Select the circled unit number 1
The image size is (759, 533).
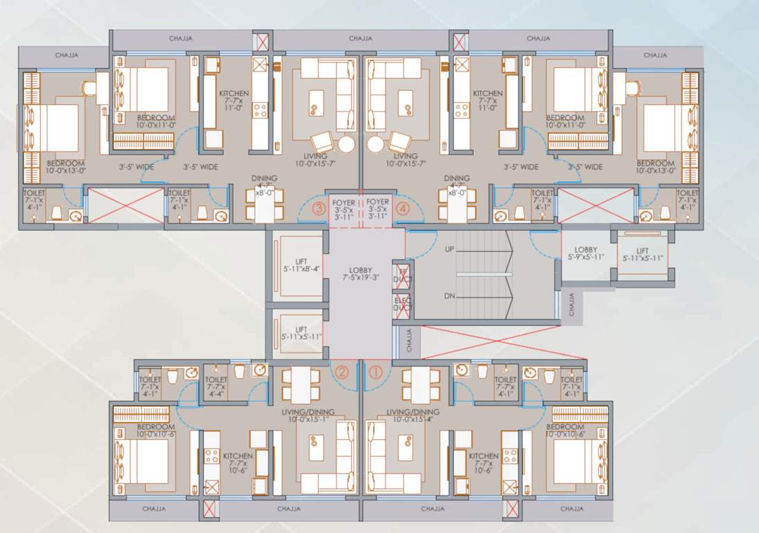tap(375, 371)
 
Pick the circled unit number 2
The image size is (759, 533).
tap(341, 371)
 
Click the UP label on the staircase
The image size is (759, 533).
tap(449, 248)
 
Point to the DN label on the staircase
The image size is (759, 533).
tap(449, 296)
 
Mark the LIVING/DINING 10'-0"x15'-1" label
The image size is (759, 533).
tap(308, 416)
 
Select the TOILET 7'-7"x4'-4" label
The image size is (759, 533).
tap(216, 385)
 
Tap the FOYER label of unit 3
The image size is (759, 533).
tap(343, 208)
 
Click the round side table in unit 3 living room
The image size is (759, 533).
tap(347, 144)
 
